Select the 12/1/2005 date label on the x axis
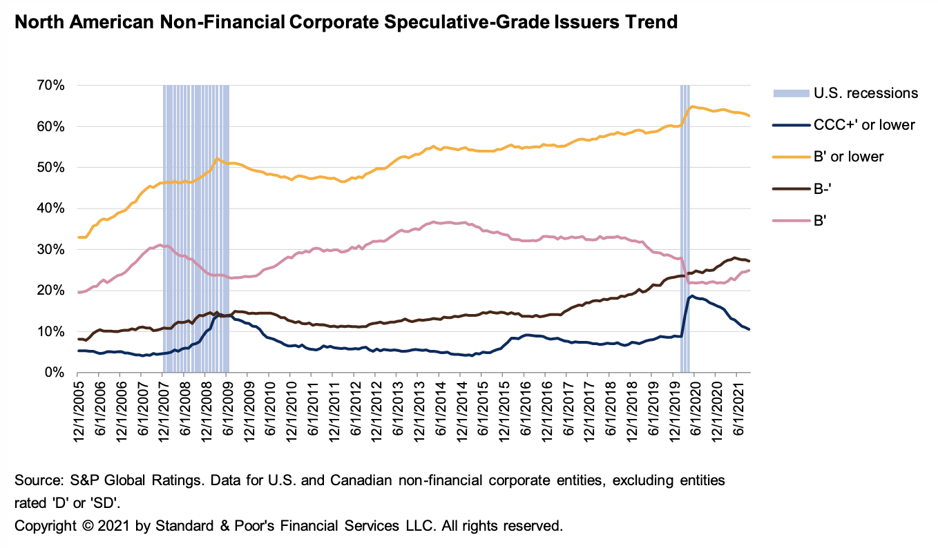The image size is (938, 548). coord(79,407)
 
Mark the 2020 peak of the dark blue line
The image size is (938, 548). coord(691,296)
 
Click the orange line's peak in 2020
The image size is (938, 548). coord(691,106)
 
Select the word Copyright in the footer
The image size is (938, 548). coord(46,526)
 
